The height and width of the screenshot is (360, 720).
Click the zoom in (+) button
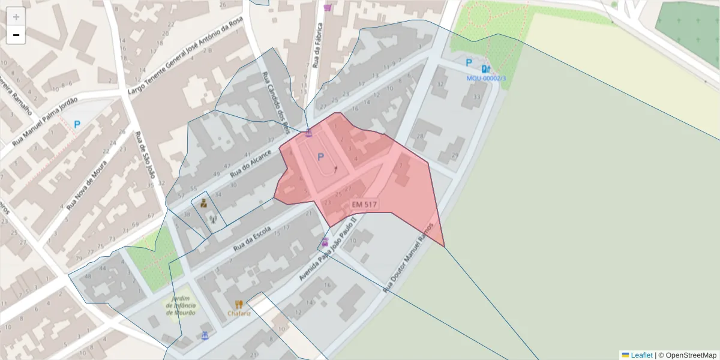pos(16,17)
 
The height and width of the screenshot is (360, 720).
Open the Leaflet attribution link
pos(641,355)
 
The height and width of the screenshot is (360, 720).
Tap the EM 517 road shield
pos(364,205)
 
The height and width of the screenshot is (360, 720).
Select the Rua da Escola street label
pos(252,238)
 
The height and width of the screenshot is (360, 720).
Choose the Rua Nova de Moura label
pos(86,184)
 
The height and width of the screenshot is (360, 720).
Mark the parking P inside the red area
pos(320,157)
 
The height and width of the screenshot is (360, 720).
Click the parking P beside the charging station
pos(469,62)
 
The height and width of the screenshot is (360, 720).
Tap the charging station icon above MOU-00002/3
pos(485,68)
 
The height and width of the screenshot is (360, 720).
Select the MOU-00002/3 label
pos(486,78)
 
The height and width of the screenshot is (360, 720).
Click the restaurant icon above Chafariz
pos(239,304)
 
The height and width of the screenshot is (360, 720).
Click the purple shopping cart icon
pos(327,7)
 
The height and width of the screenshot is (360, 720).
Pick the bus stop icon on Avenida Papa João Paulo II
pos(325,242)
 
